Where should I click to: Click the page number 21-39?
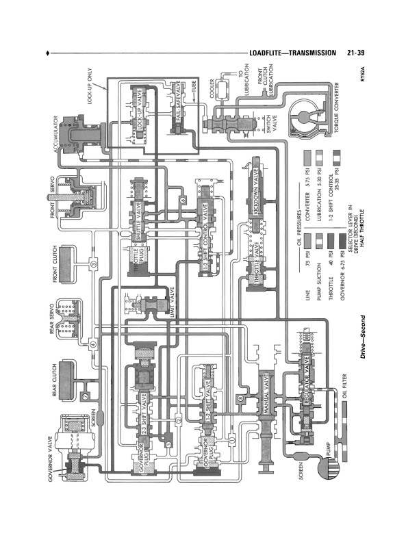click(x=359, y=53)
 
